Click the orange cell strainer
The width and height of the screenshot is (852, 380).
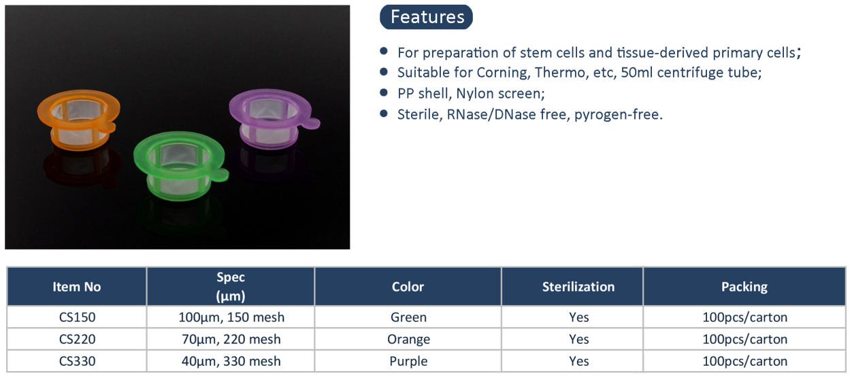pos(78,120)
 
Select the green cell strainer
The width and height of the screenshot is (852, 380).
pos(180,165)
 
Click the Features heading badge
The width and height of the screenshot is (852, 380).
pos(426,17)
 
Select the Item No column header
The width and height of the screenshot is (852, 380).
pos(76,286)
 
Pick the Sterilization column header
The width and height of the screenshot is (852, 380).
pos(578,286)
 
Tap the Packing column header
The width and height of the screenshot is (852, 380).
pos(744,286)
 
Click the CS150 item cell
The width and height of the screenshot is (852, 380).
pos(77,317)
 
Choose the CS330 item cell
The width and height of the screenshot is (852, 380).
pos(77,361)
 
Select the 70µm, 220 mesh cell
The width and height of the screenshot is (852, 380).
pos(231,339)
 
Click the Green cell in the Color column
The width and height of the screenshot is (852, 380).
pos(408,317)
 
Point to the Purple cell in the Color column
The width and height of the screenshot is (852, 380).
pos(408,362)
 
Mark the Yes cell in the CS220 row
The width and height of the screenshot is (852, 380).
pos(579,339)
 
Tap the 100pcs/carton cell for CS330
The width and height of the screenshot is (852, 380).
pos(744,361)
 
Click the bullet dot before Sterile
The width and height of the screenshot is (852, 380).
pos(384,114)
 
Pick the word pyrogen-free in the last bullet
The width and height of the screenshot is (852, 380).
pos(618,115)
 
